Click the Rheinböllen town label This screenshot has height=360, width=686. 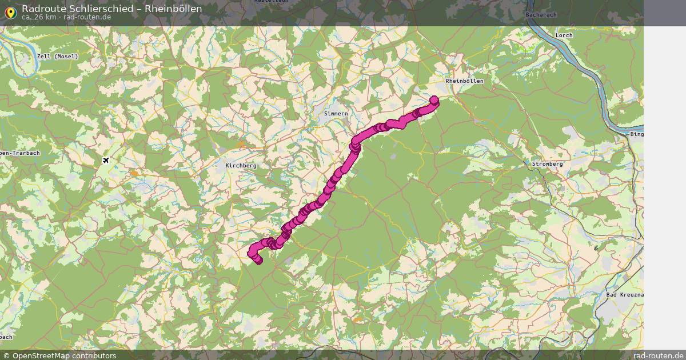pos(464,81)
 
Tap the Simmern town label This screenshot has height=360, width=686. pos(336,114)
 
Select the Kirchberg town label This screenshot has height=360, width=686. pos(241,165)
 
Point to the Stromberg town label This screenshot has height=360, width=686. pos(547,164)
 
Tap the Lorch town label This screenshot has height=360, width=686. pos(564,35)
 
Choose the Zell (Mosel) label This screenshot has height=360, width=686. pos(57,57)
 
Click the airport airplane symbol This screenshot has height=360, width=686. pos(106,160)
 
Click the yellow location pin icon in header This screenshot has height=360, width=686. pos(10,11)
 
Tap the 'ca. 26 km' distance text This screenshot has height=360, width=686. pos(39,17)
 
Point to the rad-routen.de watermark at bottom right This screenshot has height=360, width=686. pos(658,355)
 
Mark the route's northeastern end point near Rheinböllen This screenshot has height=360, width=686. pos(433,101)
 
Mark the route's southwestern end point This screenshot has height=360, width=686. pos(258,261)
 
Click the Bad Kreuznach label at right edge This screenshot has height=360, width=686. pos(624,294)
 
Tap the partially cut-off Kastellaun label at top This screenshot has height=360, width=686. pos(271,2)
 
